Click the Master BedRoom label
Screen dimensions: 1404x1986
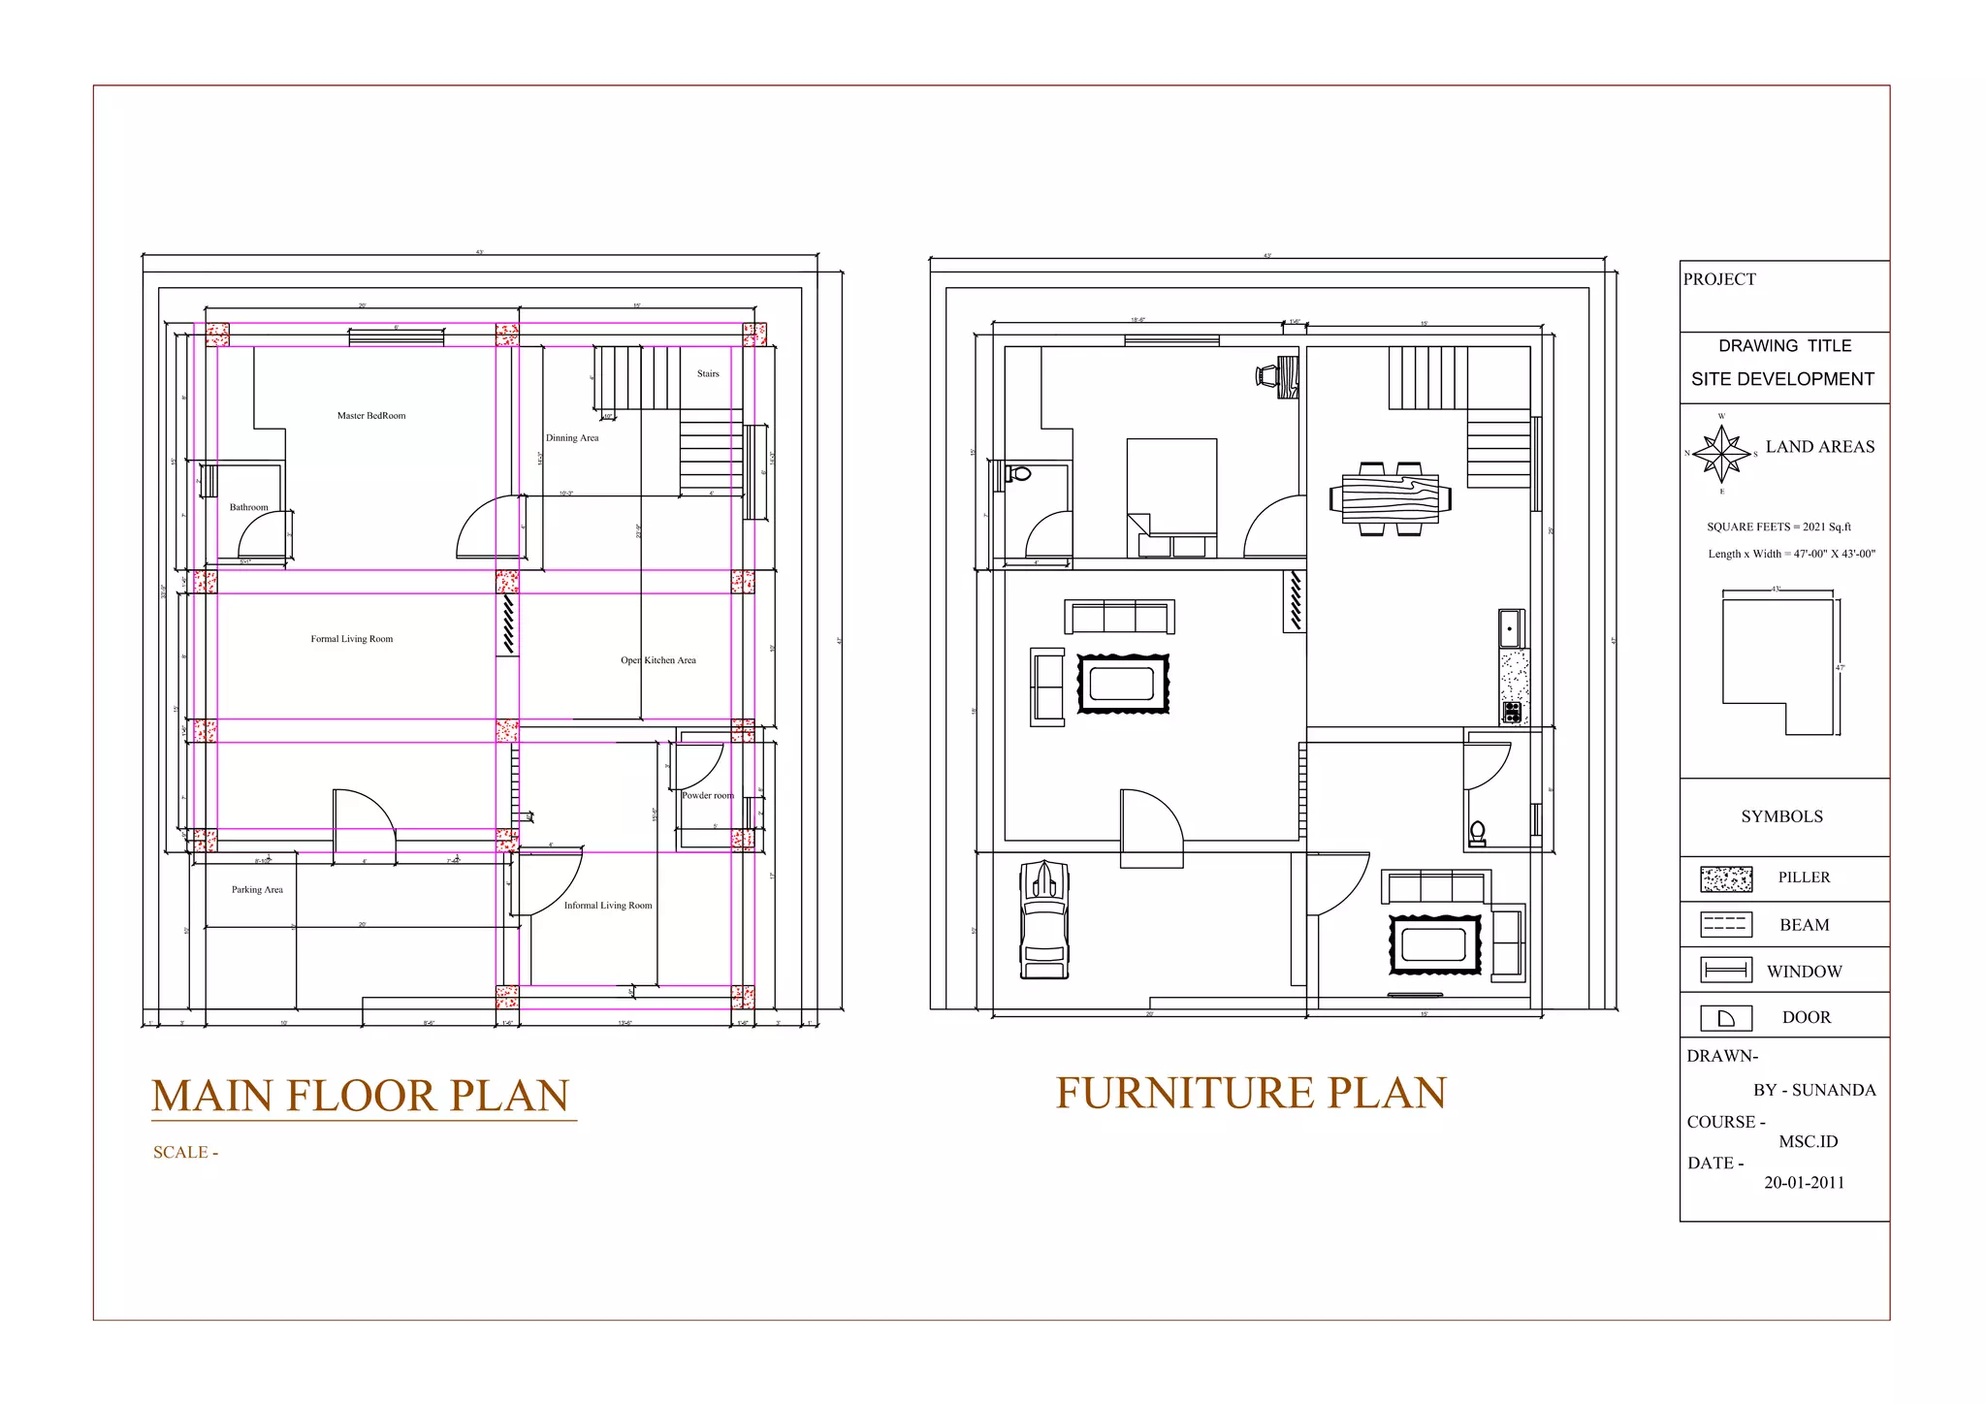click(x=371, y=416)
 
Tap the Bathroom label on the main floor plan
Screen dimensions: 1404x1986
click(x=248, y=507)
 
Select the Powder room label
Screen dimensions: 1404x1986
click(x=708, y=795)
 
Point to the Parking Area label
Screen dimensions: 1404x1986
click(x=257, y=889)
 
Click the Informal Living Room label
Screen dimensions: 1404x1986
click(x=608, y=906)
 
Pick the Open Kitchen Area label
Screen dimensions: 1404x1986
click(x=658, y=660)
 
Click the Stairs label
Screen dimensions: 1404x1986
click(x=708, y=373)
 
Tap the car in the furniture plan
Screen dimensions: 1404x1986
click(x=1044, y=919)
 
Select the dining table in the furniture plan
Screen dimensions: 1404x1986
click(x=1391, y=498)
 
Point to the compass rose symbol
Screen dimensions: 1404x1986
click(x=1721, y=454)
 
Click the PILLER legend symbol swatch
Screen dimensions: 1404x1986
click(x=1726, y=878)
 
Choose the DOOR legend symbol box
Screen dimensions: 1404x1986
click(x=1726, y=1018)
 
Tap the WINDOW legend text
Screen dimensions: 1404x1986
click(x=1804, y=972)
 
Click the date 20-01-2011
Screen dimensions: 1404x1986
click(x=1804, y=1183)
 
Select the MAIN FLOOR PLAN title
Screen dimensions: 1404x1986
click(x=361, y=1097)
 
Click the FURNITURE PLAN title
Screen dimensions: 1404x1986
click(x=1251, y=1093)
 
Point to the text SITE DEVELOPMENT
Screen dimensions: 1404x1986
click(x=1782, y=379)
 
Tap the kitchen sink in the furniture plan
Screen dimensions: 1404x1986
click(x=1510, y=628)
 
